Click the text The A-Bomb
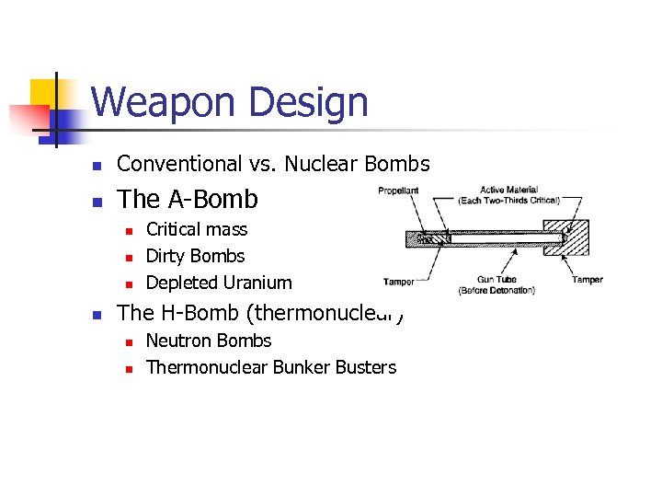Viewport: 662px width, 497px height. point(188,199)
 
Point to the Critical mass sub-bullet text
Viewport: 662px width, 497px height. point(197,229)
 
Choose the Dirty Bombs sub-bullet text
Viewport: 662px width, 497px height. point(195,256)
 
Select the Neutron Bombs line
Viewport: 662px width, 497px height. point(209,341)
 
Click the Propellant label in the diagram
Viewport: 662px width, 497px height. point(398,191)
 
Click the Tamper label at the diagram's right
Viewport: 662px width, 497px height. point(587,280)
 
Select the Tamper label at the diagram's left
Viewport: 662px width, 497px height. point(398,283)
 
